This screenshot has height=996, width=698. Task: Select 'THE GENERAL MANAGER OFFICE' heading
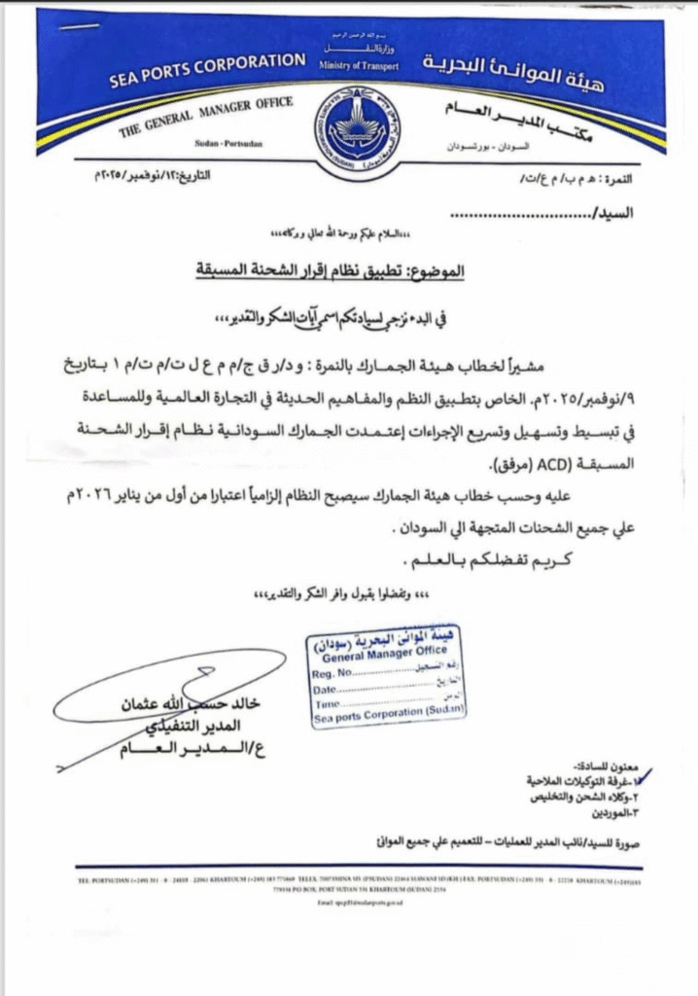click(x=207, y=115)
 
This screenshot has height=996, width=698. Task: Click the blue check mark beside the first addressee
click(x=642, y=775)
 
